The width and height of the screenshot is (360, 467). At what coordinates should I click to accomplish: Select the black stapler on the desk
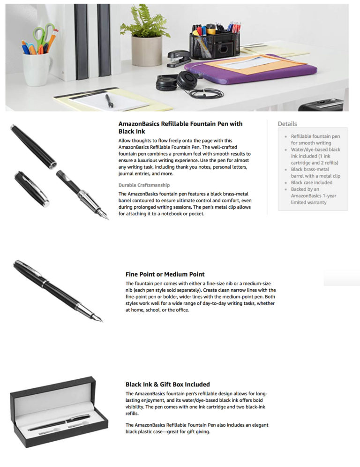coord(179,58)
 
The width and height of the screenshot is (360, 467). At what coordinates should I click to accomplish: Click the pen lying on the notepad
coord(109,101)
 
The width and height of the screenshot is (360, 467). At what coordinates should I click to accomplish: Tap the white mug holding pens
coord(37,69)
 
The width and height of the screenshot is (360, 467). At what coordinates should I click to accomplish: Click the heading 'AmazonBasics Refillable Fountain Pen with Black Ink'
coord(180,128)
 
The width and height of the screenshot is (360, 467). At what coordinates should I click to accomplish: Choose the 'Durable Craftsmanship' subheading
coord(144,185)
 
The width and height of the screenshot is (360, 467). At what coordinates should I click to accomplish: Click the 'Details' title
coord(287,124)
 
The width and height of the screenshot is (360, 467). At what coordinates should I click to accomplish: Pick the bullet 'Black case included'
coord(311,182)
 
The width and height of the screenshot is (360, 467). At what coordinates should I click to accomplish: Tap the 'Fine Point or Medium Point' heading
coord(165,274)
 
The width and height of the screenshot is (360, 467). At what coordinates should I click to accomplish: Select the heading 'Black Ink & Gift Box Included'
coord(168,384)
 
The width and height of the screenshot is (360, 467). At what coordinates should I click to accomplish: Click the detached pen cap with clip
coord(32,188)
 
